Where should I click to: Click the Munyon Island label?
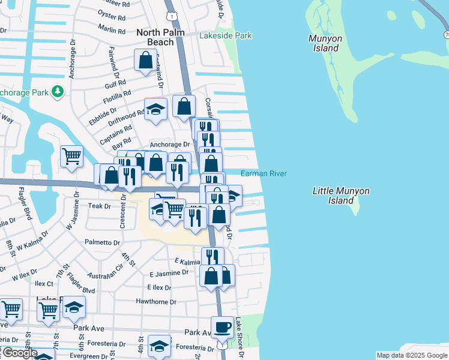pyautogui.click(x=325, y=43)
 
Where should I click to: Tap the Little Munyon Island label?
pyautogui.click(x=341, y=196)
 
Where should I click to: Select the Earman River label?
pyautogui.click(x=264, y=174)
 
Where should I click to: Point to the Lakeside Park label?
pyautogui.click(x=226, y=36)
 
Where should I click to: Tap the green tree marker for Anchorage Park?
pyautogui.click(x=58, y=92)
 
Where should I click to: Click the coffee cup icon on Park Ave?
pyautogui.click(x=222, y=327)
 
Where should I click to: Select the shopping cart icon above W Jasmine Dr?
pyautogui.click(x=71, y=155)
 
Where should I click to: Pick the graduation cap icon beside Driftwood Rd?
pyautogui.click(x=155, y=109)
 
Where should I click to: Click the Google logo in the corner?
pyautogui.click(x=19, y=353)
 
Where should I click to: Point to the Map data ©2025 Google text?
pyautogui.click(x=412, y=355)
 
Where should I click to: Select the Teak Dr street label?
pyautogui.click(x=100, y=206)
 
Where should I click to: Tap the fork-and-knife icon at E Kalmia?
pyautogui.click(x=212, y=257)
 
